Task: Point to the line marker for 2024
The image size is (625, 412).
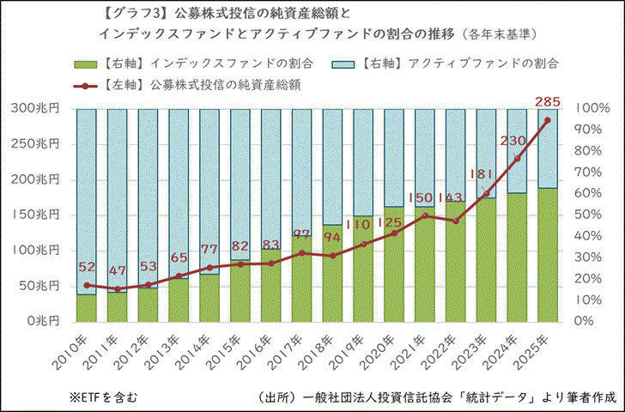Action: coord(517,159)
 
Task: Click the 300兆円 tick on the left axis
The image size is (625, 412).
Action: coord(37,109)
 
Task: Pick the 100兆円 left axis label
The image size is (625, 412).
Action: coord(37,251)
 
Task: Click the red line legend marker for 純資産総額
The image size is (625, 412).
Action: coord(84,86)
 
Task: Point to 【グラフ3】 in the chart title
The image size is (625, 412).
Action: coord(127,14)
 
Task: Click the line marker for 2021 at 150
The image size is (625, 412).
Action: coord(424,215)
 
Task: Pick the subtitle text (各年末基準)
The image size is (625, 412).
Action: coord(499,35)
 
